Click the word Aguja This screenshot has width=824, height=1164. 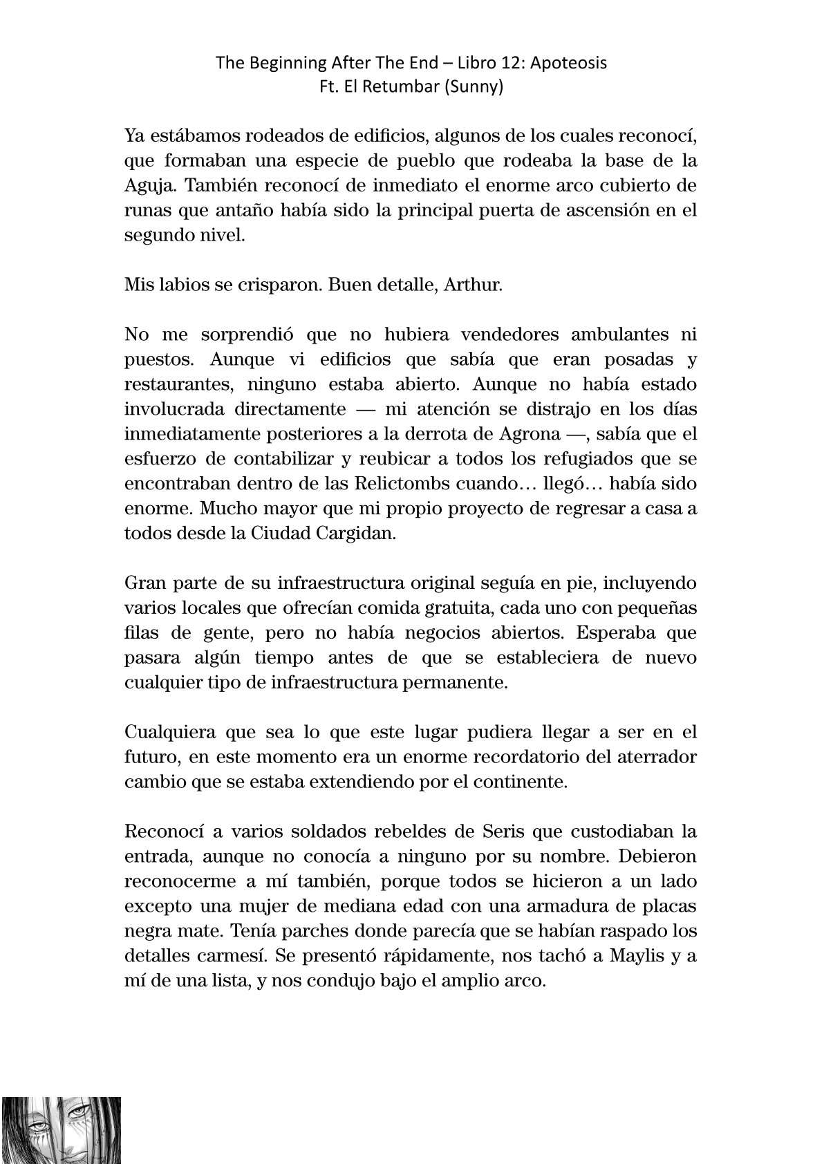point(147,186)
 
